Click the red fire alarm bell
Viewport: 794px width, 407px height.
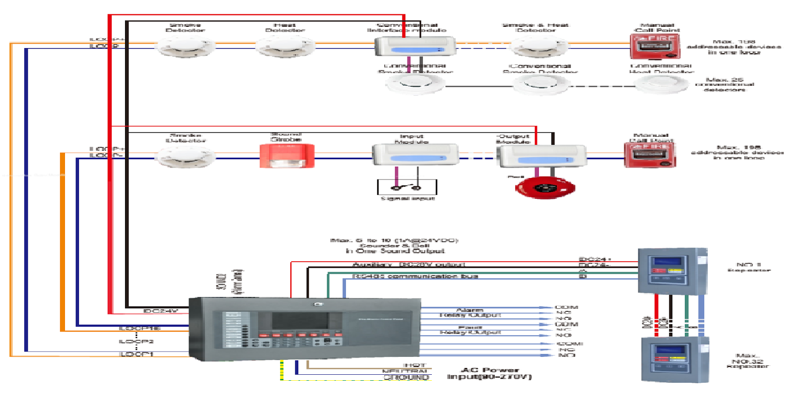[x=545, y=188]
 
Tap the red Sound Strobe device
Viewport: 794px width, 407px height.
[x=287, y=156]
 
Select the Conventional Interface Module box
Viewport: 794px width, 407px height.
[x=415, y=47]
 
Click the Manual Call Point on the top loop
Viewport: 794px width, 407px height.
[x=655, y=47]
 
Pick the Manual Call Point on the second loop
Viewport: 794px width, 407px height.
[x=650, y=155]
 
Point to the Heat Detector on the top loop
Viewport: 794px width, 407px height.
[x=285, y=47]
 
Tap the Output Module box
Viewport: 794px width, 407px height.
[x=542, y=157]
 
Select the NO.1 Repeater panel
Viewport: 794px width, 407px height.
[x=671, y=271]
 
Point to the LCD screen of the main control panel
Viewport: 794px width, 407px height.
[x=300, y=321]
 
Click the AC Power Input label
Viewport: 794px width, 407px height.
[x=489, y=373]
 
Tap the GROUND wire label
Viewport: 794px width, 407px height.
[x=406, y=378]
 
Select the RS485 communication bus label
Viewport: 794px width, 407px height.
[x=415, y=276]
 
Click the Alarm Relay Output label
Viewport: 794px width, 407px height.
[x=470, y=312]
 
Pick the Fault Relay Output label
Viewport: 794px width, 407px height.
[x=470, y=330]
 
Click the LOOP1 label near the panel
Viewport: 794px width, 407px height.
[x=136, y=354]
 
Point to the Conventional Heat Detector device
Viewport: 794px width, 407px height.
[x=662, y=84]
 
